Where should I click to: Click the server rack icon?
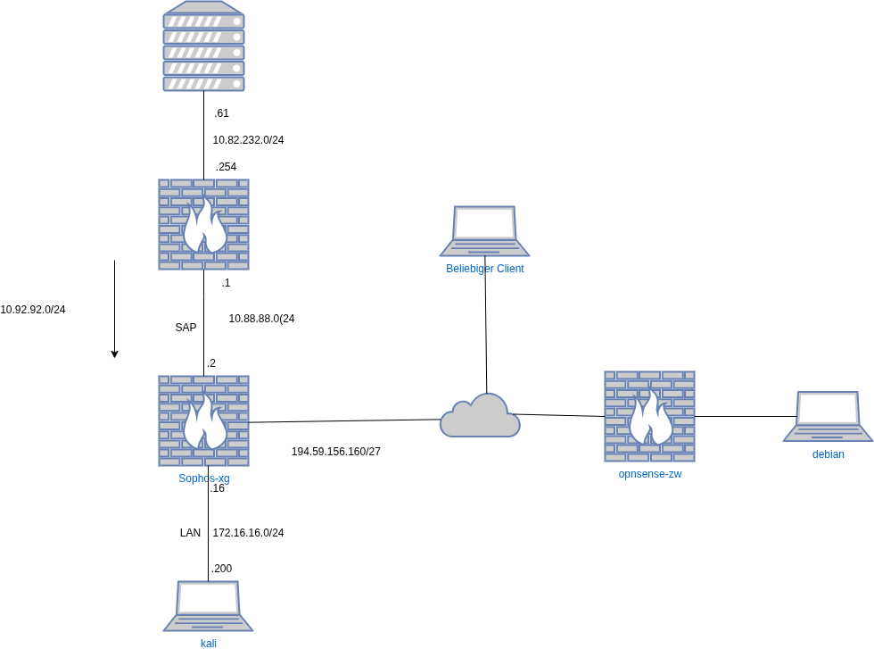203,46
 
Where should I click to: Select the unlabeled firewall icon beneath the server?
203,224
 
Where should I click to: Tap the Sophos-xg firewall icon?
203,420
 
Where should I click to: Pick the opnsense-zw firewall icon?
649,416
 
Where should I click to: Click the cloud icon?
480,416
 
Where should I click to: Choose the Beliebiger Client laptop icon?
484,230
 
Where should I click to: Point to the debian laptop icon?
828,416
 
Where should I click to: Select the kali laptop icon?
208,605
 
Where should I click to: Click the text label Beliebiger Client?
485,269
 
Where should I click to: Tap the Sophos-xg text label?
203,478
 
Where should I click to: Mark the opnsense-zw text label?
649,474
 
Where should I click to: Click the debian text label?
828,454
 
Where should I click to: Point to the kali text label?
208,643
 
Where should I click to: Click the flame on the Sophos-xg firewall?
204,423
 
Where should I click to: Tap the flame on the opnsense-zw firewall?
650,419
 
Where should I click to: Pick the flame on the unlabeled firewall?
204,227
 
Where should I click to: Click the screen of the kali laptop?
208,597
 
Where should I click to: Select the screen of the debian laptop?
829,408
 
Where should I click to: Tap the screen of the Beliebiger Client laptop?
484,222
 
